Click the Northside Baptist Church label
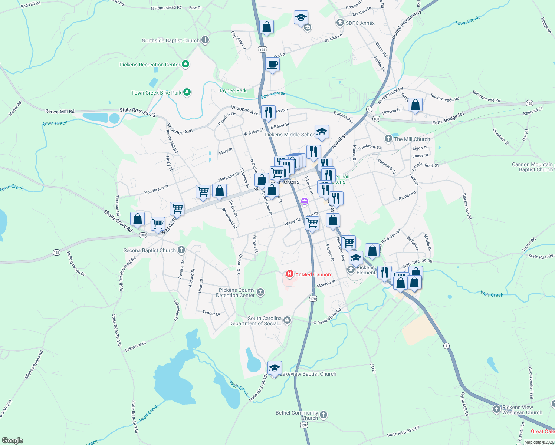171,40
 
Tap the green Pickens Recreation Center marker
186,64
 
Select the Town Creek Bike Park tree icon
187,92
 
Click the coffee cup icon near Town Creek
272,65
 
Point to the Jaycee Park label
232,90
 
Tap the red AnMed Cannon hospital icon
289,274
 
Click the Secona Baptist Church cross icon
181,250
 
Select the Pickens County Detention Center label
236,293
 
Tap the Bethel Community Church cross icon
324,415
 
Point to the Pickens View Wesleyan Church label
522,410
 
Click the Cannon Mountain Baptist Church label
532,167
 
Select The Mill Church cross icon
388,139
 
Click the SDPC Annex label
360,23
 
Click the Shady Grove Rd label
118,221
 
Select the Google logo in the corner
13,440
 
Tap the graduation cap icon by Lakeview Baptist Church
275,368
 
